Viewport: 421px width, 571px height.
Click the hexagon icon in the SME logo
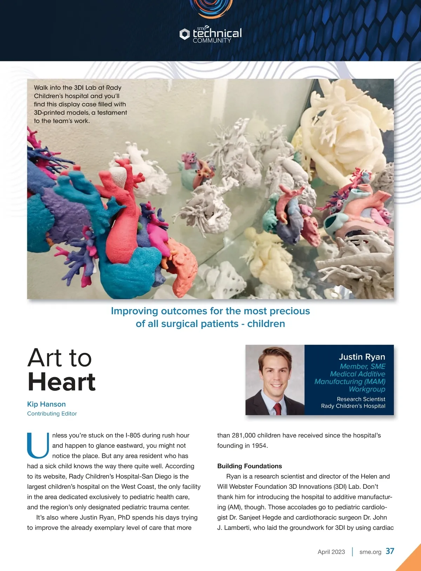click(x=185, y=34)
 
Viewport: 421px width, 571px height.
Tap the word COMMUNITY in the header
click(x=212, y=41)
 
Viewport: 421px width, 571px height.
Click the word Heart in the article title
click(x=61, y=382)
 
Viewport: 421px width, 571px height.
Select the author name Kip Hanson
click(x=46, y=404)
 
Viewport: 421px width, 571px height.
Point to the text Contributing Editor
click(x=52, y=414)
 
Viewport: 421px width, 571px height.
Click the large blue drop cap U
click(x=38, y=446)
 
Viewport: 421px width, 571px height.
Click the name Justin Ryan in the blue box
click(x=362, y=357)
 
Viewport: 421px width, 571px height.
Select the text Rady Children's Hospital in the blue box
click(x=353, y=406)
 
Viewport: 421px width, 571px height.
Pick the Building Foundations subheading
click(x=249, y=466)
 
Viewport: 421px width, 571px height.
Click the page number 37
click(x=390, y=551)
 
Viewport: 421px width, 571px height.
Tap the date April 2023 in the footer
click(x=331, y=552)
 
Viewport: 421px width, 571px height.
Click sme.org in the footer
click(x=370, y=552)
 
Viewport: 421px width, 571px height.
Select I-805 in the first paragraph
click(x=133, y=435)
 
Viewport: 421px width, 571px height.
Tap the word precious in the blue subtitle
click(x=291, y=311)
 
